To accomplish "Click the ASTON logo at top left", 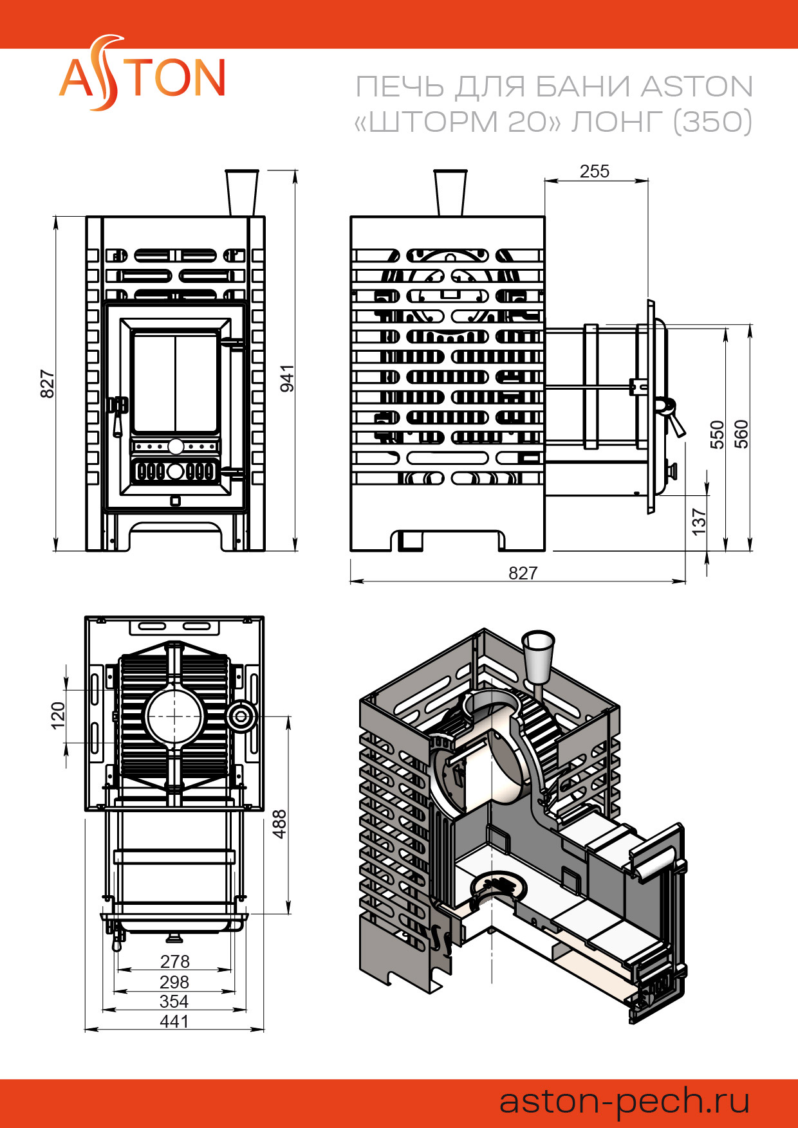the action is [x=142, y=74].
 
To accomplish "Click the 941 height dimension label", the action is [x=287, y=378].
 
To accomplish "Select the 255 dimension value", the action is [x=594, y=172].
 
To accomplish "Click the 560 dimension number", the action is [x=741, y=434].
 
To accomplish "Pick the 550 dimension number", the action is [x=717, y=434].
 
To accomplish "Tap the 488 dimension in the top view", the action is [x=279, y=824].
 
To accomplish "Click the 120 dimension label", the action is [x=58, y=716].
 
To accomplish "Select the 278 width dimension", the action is [x=174, y=961].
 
